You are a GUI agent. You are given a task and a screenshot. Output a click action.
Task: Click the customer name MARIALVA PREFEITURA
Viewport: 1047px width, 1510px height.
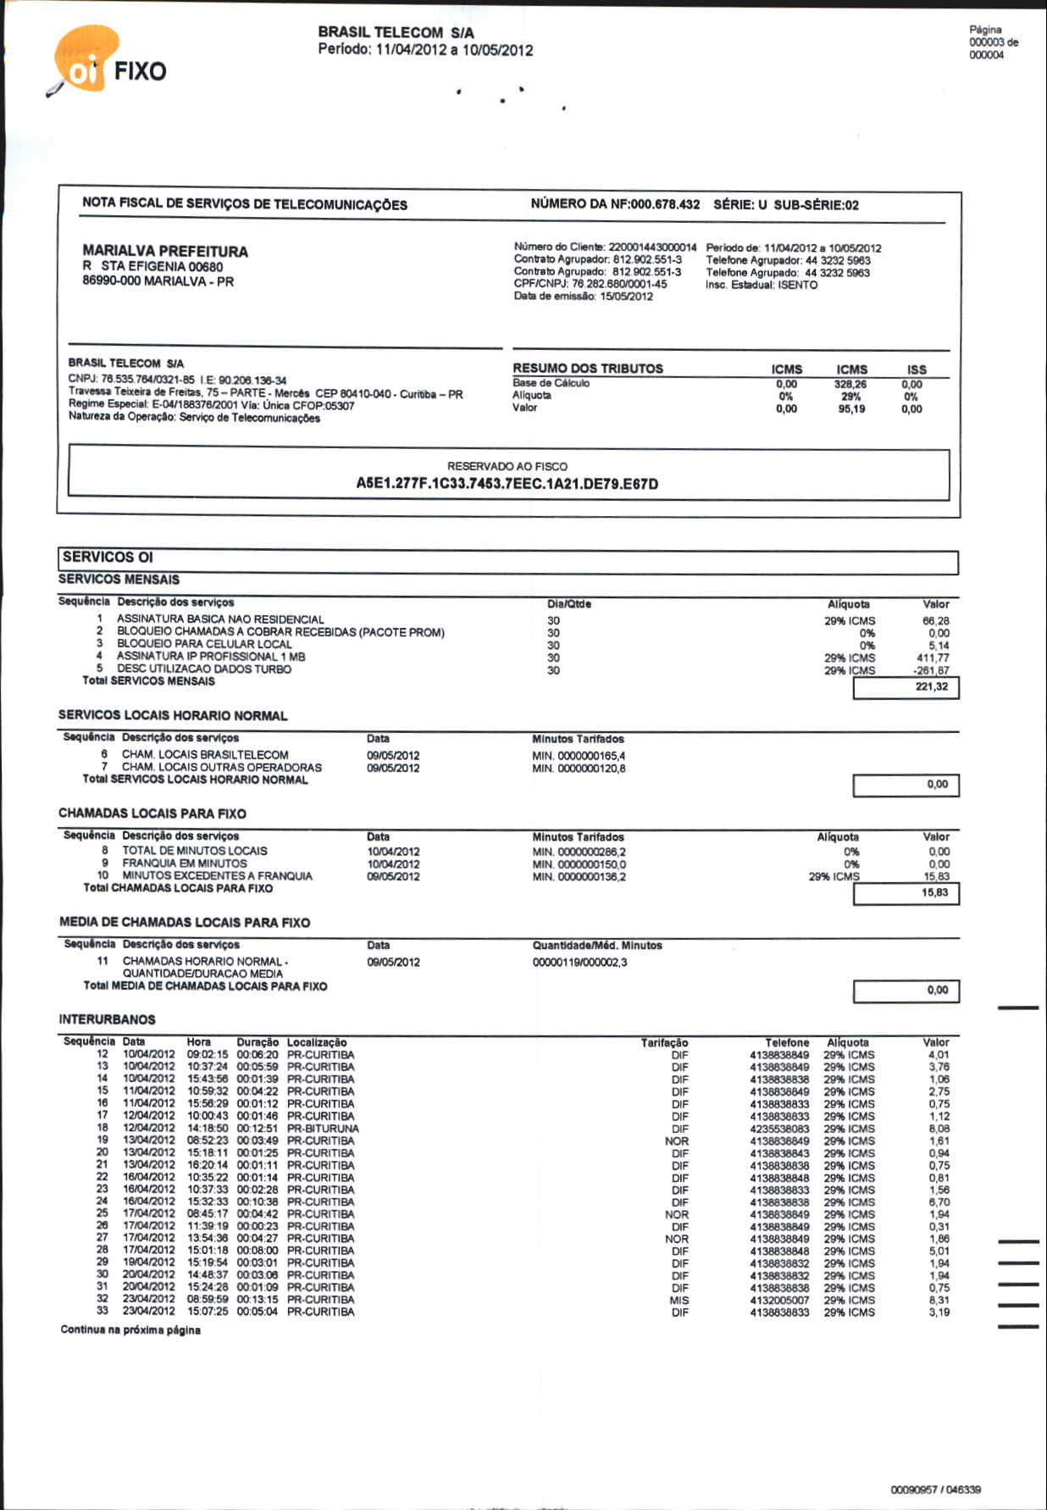tap(165, 251)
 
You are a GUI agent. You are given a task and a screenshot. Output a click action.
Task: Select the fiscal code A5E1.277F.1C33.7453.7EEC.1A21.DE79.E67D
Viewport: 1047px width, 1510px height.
tap(507, 484)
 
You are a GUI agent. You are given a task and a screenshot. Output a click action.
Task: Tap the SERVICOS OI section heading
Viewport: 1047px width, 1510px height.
tap(108, 557)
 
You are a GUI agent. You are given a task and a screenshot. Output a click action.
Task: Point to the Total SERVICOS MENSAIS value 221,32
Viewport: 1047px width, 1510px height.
tap(931, 686)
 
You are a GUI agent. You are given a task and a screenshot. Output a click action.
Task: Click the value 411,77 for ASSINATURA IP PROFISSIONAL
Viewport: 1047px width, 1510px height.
tap(933, 658)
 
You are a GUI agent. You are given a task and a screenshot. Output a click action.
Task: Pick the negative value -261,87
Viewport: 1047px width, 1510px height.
tap(931, 670)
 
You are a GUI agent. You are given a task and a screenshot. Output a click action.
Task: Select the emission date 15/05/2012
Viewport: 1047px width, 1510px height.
tap(626, 297)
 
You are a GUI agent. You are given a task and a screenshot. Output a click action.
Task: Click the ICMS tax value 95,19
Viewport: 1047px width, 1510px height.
tap(851, 409)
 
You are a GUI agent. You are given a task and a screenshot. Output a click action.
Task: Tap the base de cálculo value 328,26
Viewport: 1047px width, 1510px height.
tap(850, 384)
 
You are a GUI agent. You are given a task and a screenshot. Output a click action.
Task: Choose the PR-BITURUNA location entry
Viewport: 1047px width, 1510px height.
tap(323, 1129)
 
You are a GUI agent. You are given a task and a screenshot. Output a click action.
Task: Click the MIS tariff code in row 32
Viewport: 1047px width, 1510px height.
tap(679, 1300)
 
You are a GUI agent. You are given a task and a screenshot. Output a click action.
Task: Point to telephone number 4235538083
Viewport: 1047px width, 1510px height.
tap(779, 1129)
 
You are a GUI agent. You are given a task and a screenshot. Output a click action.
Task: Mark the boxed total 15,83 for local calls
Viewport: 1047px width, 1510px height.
tap(934, 892)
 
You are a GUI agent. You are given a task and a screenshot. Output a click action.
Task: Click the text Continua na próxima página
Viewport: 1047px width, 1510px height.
tap(130, 1330)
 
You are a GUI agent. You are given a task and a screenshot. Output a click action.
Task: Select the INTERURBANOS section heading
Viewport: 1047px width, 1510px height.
tap(107, 1019)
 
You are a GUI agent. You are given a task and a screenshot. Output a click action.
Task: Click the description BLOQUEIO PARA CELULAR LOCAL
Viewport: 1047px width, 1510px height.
tap(204, 644)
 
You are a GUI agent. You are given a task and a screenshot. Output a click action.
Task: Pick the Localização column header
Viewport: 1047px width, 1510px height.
tap(317, 1042)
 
